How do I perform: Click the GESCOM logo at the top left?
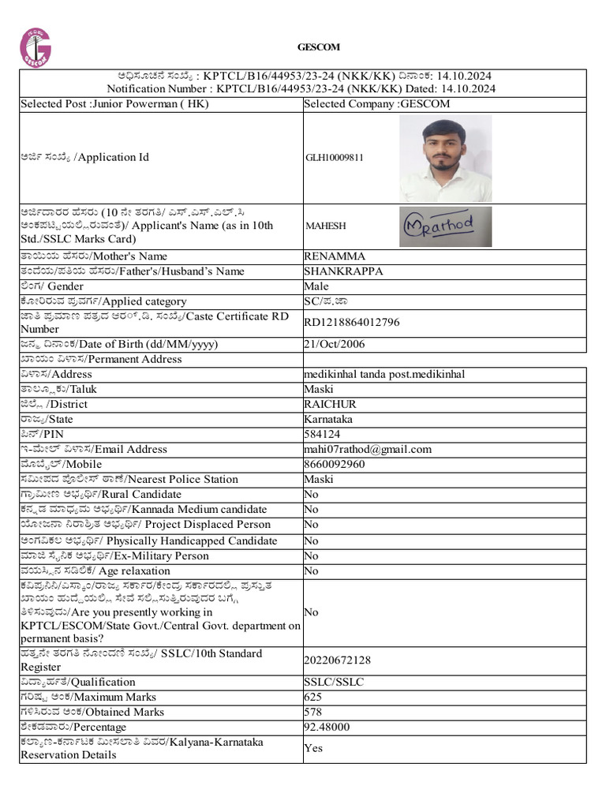(36, 47)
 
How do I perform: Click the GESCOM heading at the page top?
(318, 47)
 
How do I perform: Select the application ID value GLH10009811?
(335, 158)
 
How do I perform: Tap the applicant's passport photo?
(445, 159)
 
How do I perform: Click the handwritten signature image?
(445, 226)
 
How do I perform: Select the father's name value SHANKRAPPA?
(343, 271)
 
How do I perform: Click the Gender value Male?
(316, 286)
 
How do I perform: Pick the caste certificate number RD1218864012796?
(352, 322)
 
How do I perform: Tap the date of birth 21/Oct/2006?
(335, 345)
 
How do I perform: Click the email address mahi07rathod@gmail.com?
(368, 450)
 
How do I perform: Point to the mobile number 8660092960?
(335, 465)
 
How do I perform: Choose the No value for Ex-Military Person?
(312, 556)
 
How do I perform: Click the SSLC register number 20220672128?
(337, 660)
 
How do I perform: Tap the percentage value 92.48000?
(326, 728)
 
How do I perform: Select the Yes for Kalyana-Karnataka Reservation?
(313, 748)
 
